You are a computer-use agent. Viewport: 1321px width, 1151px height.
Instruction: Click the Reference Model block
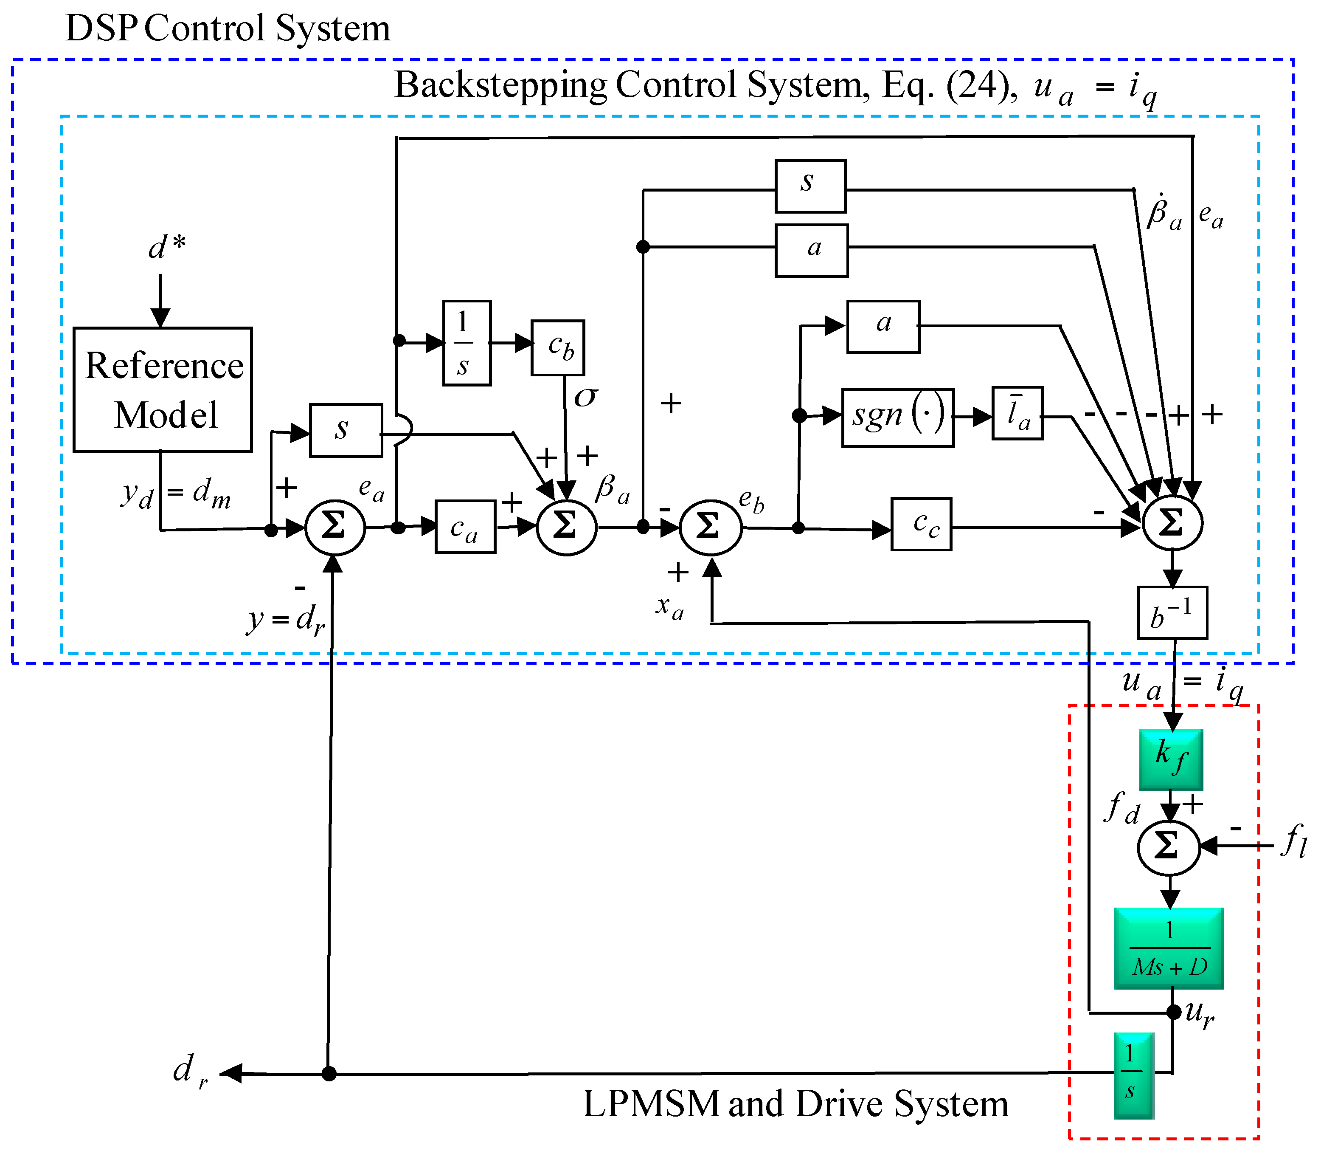(163, 389)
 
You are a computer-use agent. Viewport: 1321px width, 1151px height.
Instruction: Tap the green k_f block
(1171, 759)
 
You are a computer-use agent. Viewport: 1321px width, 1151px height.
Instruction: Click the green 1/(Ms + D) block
(1168, 948)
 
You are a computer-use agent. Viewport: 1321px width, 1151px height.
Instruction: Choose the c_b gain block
(557, 347)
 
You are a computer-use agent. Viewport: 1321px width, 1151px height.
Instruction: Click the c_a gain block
(465, 526)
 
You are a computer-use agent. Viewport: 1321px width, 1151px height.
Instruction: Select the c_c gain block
(921, 524)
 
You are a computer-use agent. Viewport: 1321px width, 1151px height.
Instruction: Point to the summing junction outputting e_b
(710, 528)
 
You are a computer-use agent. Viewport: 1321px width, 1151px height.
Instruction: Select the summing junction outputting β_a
(566, 528)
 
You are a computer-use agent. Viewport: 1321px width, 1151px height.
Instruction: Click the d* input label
(166, 247)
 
